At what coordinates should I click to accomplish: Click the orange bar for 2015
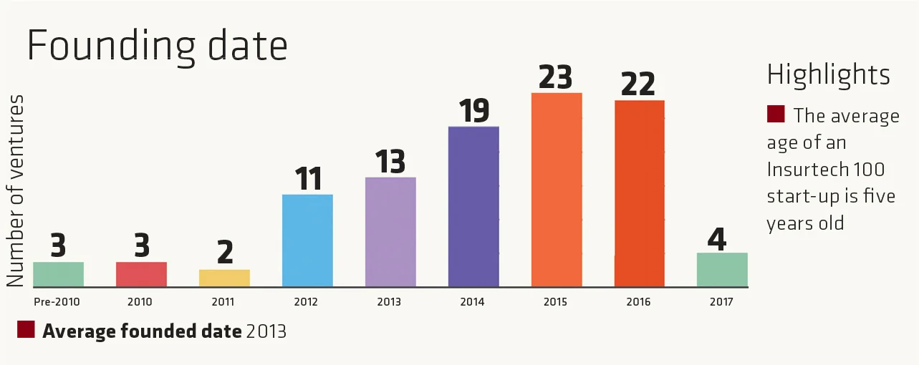pos(557,190)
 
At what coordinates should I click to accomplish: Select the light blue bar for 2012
pos(307,240)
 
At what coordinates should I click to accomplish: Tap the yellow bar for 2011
pos(224,278)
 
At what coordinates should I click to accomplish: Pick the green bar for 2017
pos(722,270)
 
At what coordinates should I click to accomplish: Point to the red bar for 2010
pos(141,274)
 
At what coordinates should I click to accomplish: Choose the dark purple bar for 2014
pos(473,207)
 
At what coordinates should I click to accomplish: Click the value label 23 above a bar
pos(556,77)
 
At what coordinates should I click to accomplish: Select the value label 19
pos(473,112)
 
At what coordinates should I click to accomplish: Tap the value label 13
pos(390,162)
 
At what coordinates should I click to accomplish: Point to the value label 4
pos(717,238)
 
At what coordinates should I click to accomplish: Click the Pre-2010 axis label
pos(57,302)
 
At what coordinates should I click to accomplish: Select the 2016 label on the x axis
pos(638,302)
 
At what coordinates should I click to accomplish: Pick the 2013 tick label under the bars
pos(389,302)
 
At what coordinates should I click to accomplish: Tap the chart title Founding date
pos(157,47)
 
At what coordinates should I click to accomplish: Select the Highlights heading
pos(829,74)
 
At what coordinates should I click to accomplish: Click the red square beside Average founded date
pos(27,329)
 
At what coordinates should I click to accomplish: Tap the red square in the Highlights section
pos(776,114)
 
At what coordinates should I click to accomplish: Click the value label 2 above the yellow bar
pos(224,253)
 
